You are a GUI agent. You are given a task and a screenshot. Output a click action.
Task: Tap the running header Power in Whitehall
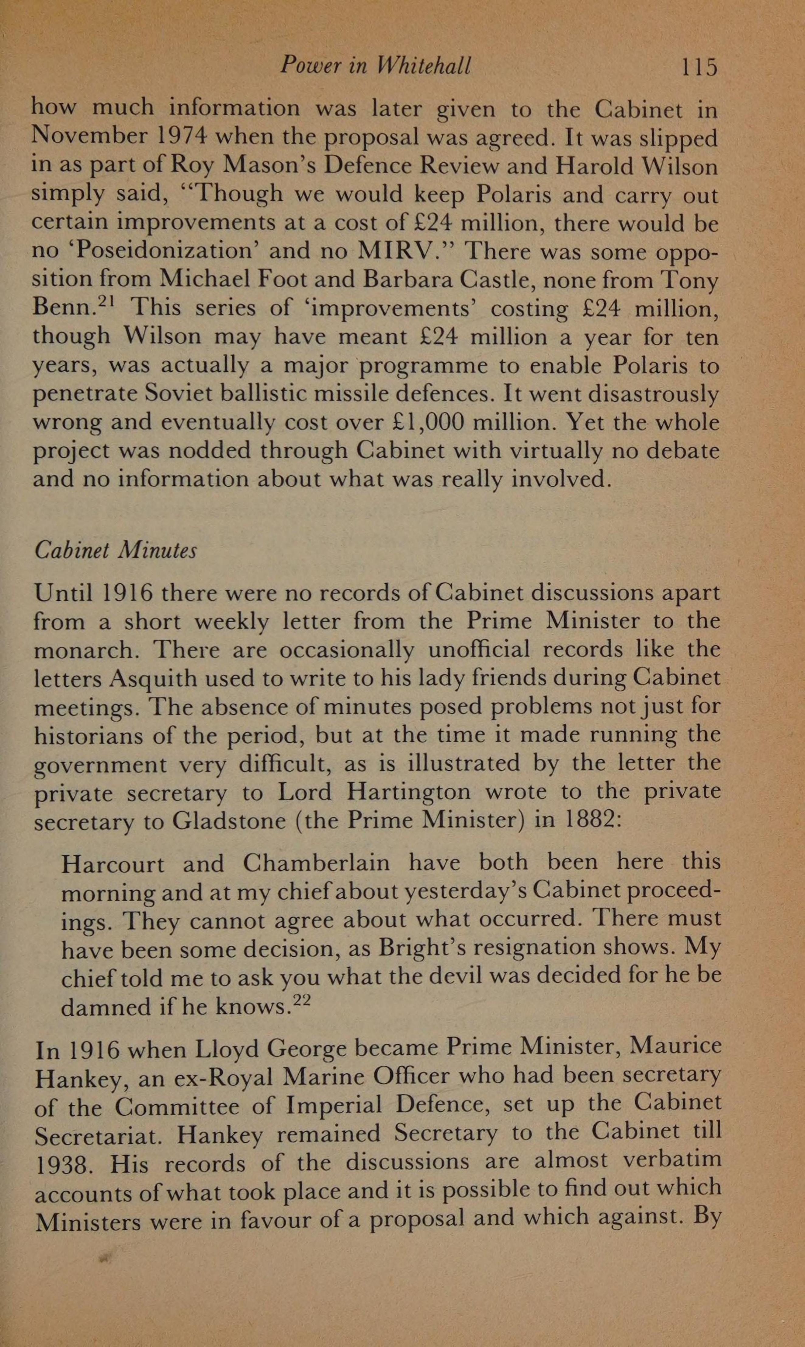(375, 66)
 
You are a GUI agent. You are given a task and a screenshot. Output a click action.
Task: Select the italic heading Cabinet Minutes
(116, 550)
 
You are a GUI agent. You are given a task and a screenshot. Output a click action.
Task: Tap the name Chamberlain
(316, 863)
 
